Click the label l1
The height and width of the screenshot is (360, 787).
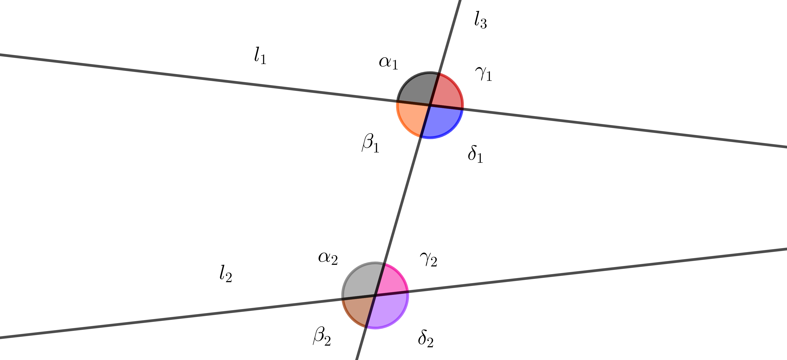point(260,55)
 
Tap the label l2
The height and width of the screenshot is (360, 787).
point(226,274)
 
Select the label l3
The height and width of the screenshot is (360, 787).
point(480,20)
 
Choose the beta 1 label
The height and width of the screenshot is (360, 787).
point(371,143)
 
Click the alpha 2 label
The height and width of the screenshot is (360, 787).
point(328,258)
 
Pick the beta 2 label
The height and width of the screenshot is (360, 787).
point(322,336)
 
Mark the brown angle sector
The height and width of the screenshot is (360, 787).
point(357,310)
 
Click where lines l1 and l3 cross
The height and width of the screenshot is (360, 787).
point(430,105)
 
